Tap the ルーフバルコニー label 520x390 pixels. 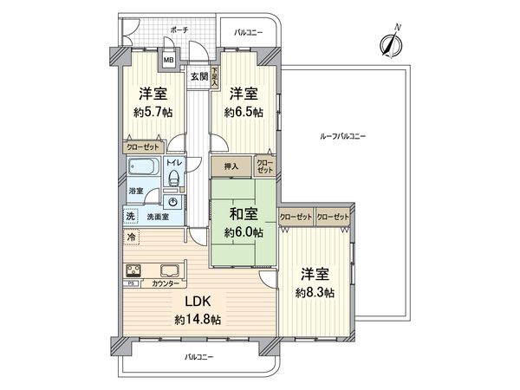(342, 137)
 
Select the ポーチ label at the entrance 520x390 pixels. (179, 29)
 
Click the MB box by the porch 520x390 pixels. (170, 60)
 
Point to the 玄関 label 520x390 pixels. (198, 76)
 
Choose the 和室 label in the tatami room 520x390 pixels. (242, 214)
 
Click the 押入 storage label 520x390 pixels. (231, 164)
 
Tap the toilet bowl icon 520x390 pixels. (174, 179)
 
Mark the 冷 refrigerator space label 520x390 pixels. (131, 237)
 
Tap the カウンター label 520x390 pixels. (166, 283)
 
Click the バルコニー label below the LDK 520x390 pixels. (198, 357)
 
